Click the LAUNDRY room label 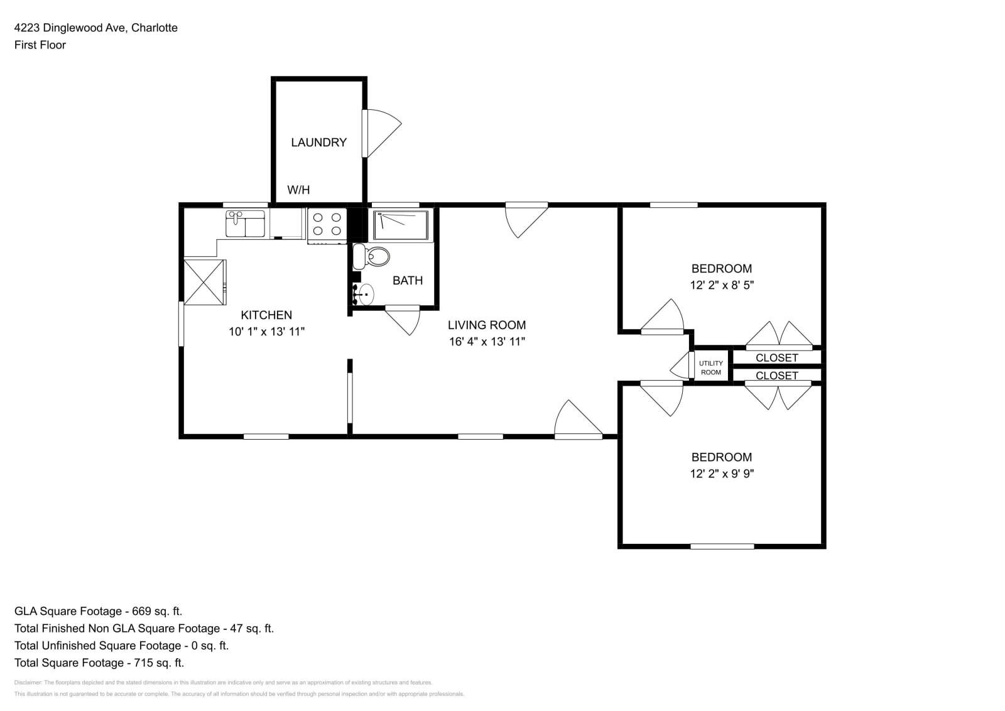(x=318, y=143)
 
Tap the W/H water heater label (x=298, y=190)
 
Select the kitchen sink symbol (x=245, y=224)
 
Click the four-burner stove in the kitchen (x=327, y=225)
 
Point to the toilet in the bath (x=371, y=257)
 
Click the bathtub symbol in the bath (x=401, y=225)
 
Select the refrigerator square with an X (x=204, y=282)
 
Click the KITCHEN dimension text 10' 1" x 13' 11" (x=266, y=332)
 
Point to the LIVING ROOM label (x=487, y=325)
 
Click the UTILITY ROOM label (x=711, y=367)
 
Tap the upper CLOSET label (x=777, y=357)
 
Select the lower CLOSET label (x=777, y=376)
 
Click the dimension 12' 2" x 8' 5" (x=722, y=285)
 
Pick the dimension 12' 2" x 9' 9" (x=722, y=474)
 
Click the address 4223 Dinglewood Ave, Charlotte (x=96, y=28)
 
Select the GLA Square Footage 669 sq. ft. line (x=99, y=611)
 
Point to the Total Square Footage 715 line (x=99, y=663)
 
